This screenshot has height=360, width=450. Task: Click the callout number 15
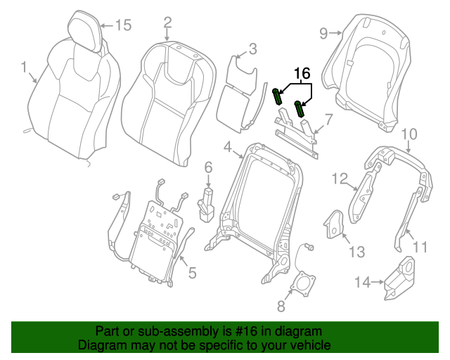pos(123,25)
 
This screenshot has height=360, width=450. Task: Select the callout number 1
pos(24,67)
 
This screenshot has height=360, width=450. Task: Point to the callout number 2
pos(167,22)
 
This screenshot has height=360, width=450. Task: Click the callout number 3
pos(252,49)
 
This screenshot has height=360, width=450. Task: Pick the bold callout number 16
pos(302,73)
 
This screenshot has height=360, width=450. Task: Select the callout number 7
pos(328,121)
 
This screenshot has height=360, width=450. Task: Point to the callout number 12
pos(340,179)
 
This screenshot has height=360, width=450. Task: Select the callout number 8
pos(281,306)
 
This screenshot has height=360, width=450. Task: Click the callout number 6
pos(208,167)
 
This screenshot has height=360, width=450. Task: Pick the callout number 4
pos(227,146)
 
